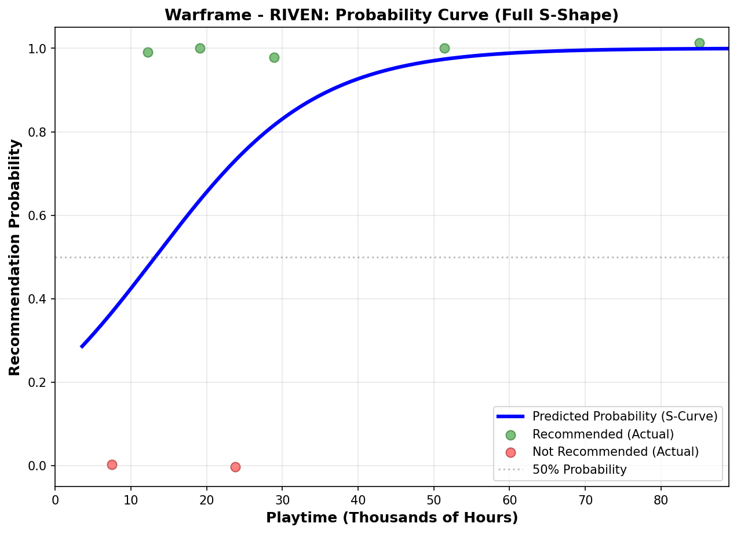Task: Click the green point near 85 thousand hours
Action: point(699,43)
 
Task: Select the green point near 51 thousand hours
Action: point(444,48)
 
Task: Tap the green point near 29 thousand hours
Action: point(274,57)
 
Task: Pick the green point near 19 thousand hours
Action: point(200,48)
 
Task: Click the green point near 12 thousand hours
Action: point(148,52)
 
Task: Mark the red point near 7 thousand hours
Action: point(112,464)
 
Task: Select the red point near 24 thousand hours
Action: point(235,467)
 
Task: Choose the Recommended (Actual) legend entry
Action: point(603,434)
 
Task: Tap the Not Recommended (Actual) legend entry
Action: point(615,452)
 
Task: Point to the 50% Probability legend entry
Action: point(579,470)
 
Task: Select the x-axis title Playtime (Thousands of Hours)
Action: point(392,517)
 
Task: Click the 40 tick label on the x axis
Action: point(357,499)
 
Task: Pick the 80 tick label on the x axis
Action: point(661,499)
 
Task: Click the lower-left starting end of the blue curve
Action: point(82,346)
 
